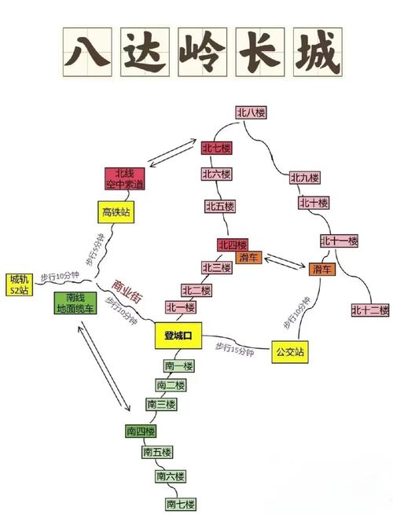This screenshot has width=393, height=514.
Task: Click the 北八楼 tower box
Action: pyautogui.click(x=251, y=112)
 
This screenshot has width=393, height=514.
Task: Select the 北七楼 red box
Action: pyautogui.click(x=216, y=148)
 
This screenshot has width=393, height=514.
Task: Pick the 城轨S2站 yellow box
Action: pyautogui.click(x=18, y=285)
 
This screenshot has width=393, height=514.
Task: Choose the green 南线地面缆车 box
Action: pyautogui.click(x=75, y=303)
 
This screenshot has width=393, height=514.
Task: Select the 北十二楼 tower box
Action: pyautogui.click(x=370, y=310)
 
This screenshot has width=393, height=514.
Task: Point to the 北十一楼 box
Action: pyautogui.click(x=339, y=240)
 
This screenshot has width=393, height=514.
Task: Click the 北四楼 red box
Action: pyautogui.click(x=233, y=245)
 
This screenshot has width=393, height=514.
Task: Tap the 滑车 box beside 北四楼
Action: pyautogui.click(x=249, y=257)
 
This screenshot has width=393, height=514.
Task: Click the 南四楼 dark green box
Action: pyautogui.click(x=141, y=431)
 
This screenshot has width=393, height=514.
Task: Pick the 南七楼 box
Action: pyautogui.click(x=180, y=504)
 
